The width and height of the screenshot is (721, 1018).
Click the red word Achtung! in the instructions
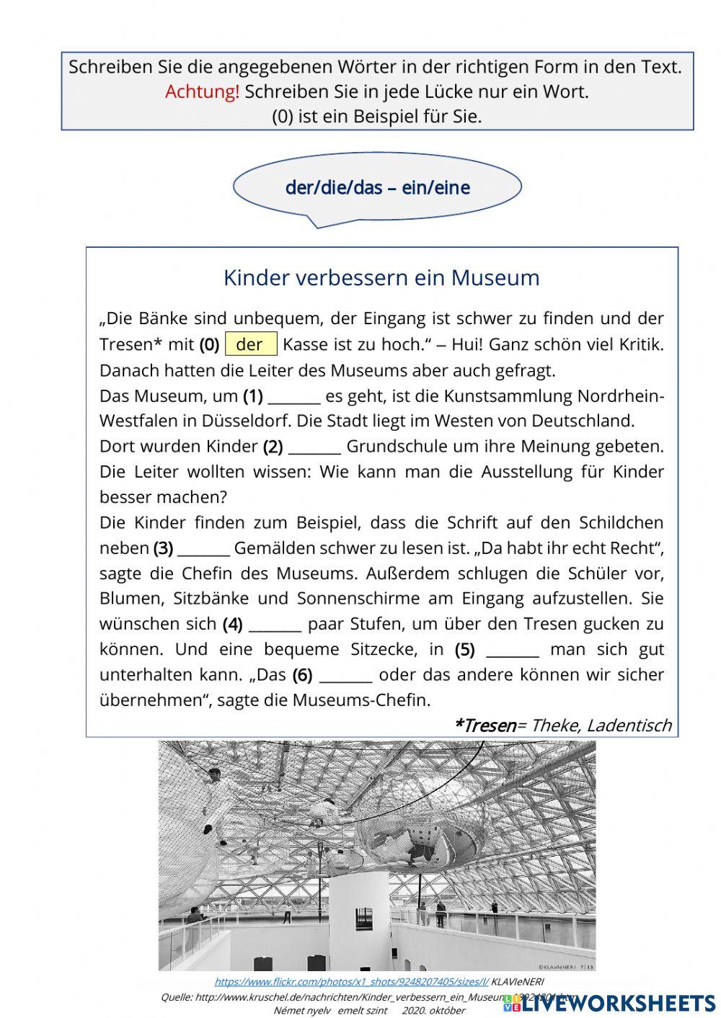point(202,91)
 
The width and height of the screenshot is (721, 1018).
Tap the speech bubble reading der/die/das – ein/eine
point(377,188)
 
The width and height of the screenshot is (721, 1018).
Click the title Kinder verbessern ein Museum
point(381,278)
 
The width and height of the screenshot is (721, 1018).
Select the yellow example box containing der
point(251,344)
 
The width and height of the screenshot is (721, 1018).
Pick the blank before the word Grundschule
point(314,447)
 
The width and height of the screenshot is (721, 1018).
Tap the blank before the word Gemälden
point(203,548)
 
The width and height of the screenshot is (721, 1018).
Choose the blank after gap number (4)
point(274,624)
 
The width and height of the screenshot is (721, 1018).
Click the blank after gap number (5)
point(513,650)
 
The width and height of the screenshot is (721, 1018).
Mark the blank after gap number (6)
point(345,675)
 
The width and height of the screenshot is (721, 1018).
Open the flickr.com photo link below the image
point(351,981)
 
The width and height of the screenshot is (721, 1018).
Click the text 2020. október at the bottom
point(433,1011)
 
